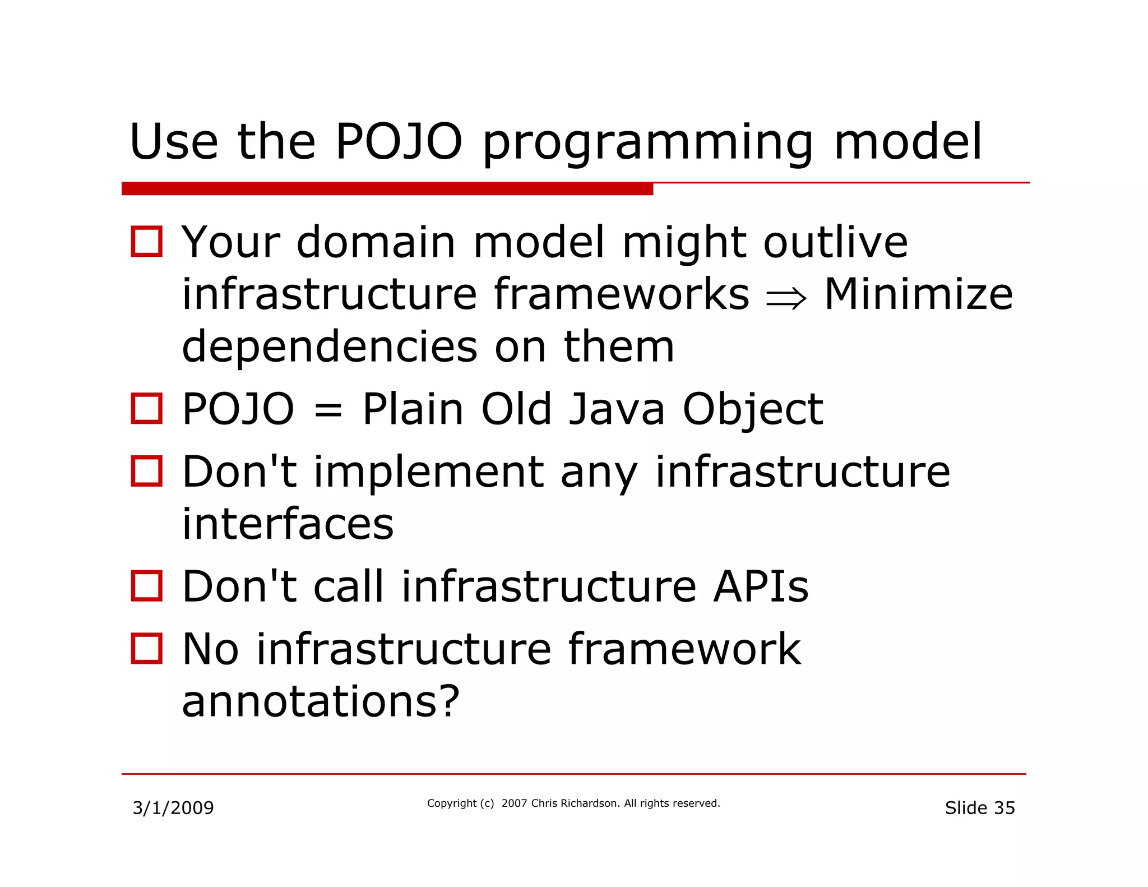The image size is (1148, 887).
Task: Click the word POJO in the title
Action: point(399,141)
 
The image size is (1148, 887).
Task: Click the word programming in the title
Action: point(647,144)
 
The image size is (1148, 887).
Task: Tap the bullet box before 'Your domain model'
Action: point(147,242)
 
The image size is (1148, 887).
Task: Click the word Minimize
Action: point(918,294)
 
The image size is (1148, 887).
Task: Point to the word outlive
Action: point(835,242)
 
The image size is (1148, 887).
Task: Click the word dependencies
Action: point(330,348)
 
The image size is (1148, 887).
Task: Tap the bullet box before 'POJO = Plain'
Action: point(147,408)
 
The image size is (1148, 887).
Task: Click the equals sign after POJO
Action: point(328,410)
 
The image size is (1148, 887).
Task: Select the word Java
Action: point(616,410)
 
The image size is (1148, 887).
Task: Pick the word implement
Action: point(429,472)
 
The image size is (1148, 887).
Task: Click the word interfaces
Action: point(288,524)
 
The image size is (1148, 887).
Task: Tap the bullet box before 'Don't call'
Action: point(147,586)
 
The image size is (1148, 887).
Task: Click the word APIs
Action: point(761,586)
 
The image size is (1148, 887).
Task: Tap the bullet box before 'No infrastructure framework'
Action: point(147,649)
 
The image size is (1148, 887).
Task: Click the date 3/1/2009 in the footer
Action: point(173,808)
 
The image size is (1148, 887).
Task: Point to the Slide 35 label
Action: point(979,808)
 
